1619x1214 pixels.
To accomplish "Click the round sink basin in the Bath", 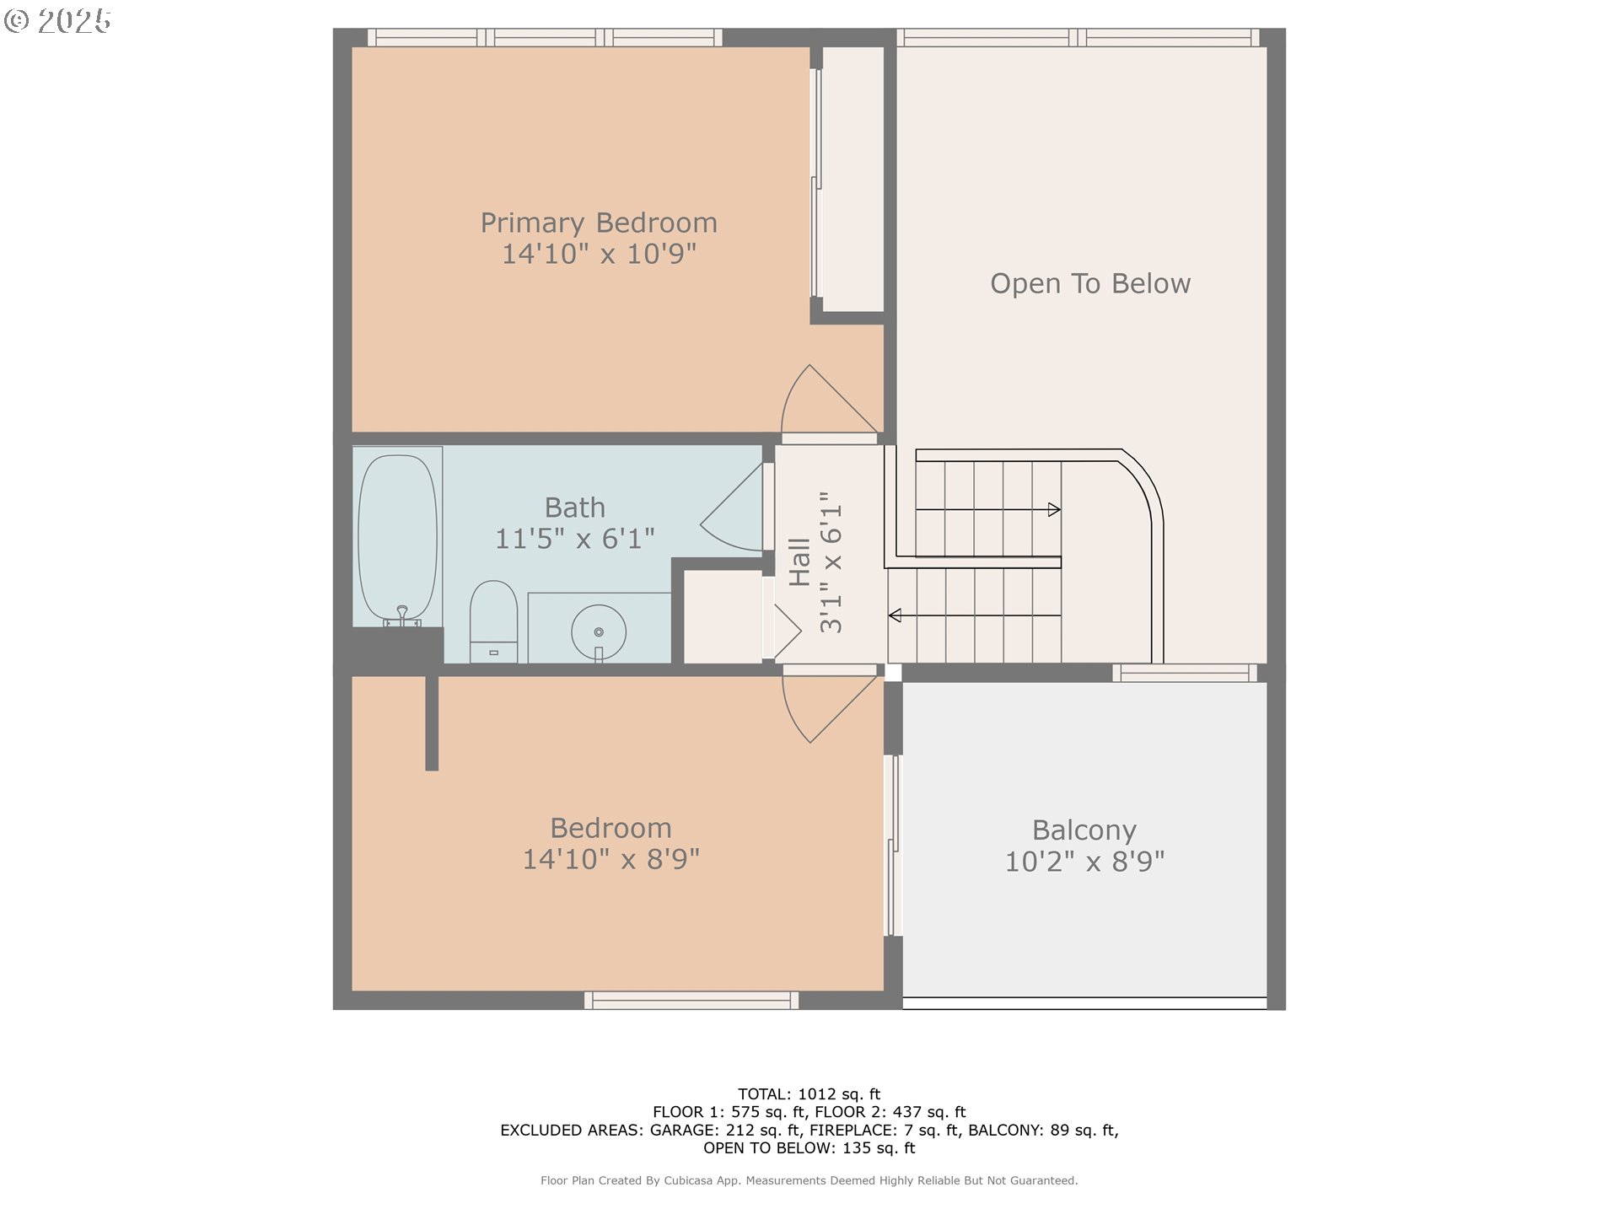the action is [x=599, y=631].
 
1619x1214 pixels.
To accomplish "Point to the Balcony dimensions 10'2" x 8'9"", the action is [x=1084, y=862].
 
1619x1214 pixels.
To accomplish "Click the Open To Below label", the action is [x=1090, y=283].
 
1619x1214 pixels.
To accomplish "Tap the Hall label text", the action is [x=799, y=562].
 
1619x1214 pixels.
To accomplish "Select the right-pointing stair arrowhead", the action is [x=1054, y=509].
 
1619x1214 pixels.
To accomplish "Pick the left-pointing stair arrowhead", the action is [x=895, y=615].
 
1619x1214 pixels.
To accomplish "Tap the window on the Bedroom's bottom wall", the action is [x=691, y=1001].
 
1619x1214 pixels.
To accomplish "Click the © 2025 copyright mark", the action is [x=57, y=21].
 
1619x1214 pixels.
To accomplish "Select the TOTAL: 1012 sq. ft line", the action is [x=809, y=1094].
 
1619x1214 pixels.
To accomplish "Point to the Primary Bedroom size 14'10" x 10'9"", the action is [x=599, y=254].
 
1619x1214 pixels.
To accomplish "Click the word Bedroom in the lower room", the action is [x=610, y=828].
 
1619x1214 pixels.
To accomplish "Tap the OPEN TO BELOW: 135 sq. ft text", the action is [x=809, y=1148].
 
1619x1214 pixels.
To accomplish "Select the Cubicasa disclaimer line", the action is [x=809, y=1181].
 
